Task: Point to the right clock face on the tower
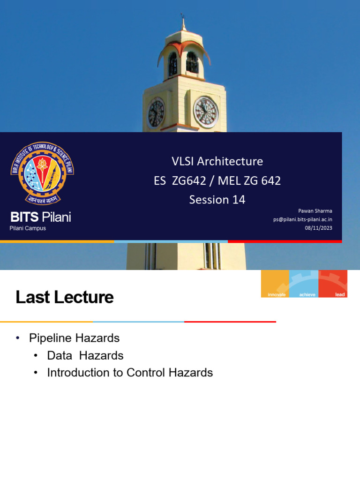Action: (x=206, y=112)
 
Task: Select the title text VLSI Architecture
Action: (x=217, y=161)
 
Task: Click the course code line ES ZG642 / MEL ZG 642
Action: (x=217, y=180)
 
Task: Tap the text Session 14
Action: (x=217, y=200)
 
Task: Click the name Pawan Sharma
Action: (x=315, y=211)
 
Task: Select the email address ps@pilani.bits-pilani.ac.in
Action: (x=303, y=219)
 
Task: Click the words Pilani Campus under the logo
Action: (x=28, y=228)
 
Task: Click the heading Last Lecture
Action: (x=65, y=297)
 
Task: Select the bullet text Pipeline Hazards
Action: (x=74, y=338)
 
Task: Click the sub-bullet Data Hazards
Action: (x=85, y=356)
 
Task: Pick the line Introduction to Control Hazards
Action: (x=130, y=373)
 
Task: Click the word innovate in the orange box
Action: (x=277, y=294)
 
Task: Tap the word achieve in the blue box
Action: (x=305, y=294)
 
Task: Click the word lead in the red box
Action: (x=340, y=294)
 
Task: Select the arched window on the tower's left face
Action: (x=172, y=64)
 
